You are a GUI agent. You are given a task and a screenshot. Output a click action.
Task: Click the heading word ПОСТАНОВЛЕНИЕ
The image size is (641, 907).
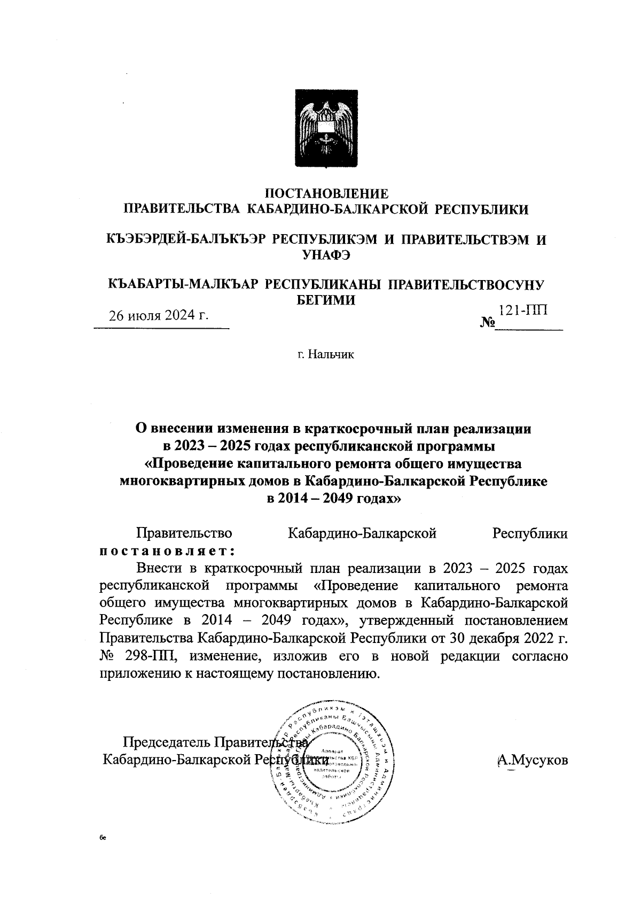[x=327, y=193]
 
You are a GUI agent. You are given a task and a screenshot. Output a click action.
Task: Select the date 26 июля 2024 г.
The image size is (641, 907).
[x=159, y=314]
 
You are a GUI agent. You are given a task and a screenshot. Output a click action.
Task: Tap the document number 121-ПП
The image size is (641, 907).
[x=523, y=311]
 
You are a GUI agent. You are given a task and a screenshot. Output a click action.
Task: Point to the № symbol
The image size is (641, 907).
[x=487, y=323]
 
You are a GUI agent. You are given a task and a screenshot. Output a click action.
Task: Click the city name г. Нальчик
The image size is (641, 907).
[x=326, y=354]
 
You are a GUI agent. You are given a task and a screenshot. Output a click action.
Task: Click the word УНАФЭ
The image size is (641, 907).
[x=326, y=255]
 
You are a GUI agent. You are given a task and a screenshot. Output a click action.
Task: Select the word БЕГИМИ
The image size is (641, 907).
[x=326, y=300]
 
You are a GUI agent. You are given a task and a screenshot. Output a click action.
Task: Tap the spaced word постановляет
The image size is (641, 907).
[x=168, y=550]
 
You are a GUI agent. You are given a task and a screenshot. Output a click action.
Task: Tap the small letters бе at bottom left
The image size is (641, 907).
[x=103, y=839]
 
